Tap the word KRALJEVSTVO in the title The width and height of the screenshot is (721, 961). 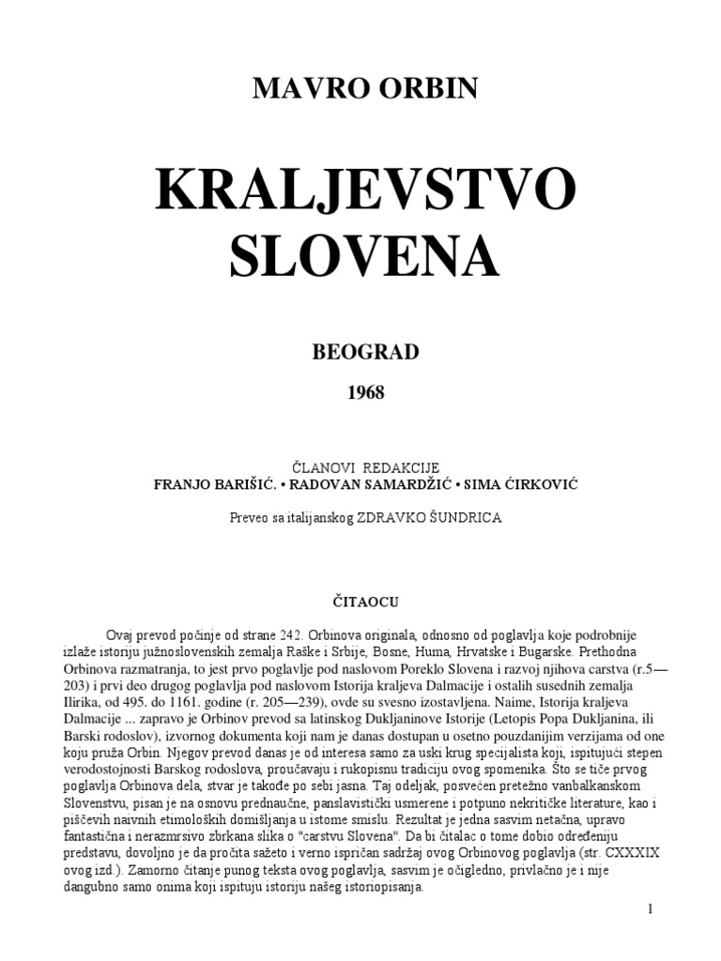365,191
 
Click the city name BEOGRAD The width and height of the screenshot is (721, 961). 365,353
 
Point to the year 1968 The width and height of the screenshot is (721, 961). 365,393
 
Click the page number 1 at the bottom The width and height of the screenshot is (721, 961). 650,909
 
